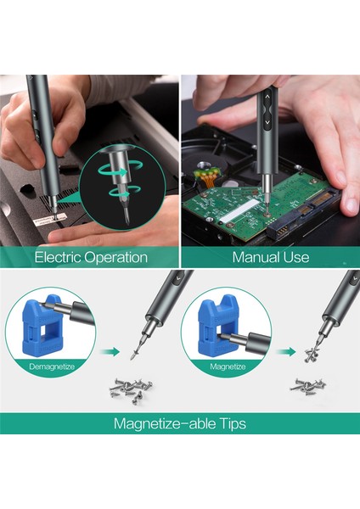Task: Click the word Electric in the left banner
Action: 57,257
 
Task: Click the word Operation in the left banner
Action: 115,258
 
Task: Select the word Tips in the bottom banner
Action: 233,424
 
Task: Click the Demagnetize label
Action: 52,366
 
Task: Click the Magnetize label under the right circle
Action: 228,366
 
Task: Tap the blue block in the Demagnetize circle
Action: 42,325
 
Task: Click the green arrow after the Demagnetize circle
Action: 110,351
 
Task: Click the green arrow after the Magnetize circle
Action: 286,351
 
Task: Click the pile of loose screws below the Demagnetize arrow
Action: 132,389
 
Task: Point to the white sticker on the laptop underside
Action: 48,220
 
